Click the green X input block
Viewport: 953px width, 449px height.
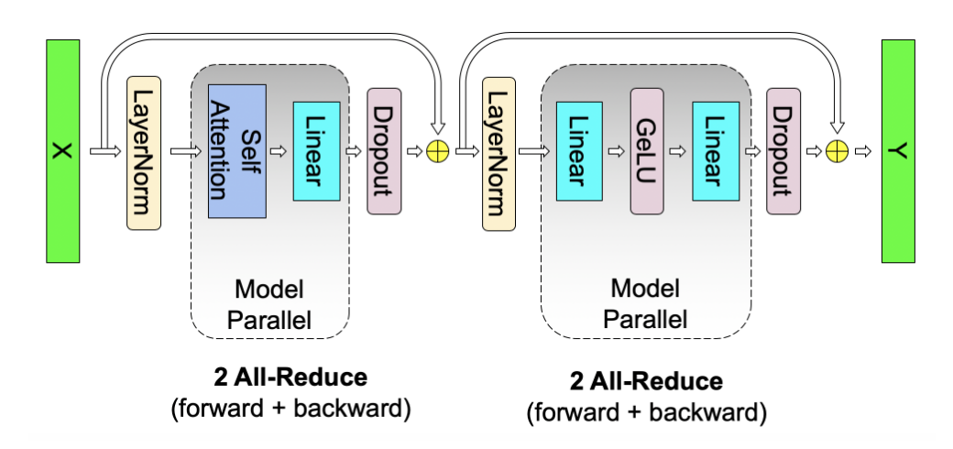pos(61,151)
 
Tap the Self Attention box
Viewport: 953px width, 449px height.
pos(236,151)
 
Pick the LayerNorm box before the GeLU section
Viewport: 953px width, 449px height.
pos(495,151)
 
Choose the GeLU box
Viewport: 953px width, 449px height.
pos(646,151)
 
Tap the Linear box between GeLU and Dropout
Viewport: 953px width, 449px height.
pos(716,151)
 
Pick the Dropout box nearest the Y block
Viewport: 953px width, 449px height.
pos(783,151)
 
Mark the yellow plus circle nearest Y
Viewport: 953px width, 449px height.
pos(835,152)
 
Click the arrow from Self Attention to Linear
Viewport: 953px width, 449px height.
pos(279,152)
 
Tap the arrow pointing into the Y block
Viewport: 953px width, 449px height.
pos(862,152)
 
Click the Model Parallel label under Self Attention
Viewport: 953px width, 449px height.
pos(269,304)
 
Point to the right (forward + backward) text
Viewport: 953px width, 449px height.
pos(646,413)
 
